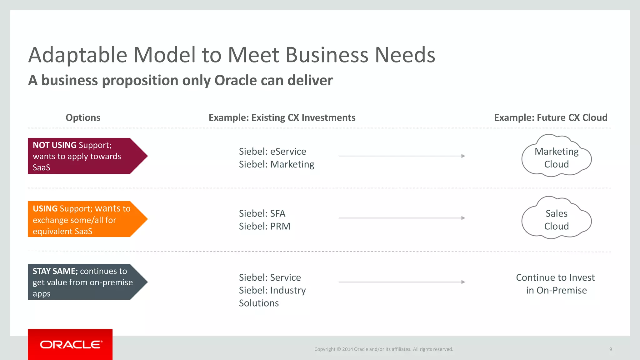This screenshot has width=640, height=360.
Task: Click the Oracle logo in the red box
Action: coord(71,344)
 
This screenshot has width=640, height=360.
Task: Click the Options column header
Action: coord(83,117)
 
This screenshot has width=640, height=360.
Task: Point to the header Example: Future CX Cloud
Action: coord(551,117)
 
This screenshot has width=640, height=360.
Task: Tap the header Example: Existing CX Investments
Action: coord(282,117)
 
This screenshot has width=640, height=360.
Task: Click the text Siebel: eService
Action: coord(272,152)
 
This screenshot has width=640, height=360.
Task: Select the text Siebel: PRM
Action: coord(264,226)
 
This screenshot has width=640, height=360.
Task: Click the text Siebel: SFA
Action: coord(262,213)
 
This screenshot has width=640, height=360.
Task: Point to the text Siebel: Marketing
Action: coord(277,164)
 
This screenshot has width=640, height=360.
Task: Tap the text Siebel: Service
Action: coord(270,277)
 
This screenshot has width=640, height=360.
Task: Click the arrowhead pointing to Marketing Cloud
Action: coord(463,156)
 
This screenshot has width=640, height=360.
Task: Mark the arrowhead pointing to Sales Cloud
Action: coord(463,218)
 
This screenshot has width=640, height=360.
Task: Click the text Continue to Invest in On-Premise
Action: coord(556,284)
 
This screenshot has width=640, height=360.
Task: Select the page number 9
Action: coord(610,349)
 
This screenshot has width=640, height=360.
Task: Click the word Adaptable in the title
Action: coord(78,55)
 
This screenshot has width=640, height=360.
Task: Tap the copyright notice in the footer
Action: coord(383,349)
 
